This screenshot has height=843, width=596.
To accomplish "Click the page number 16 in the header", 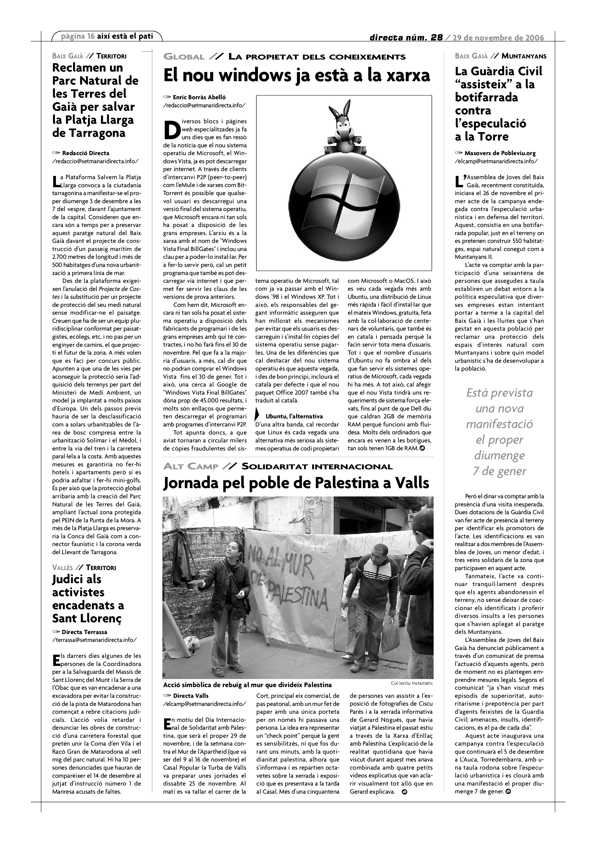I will [91, 36].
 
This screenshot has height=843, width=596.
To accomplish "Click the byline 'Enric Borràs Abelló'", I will [199, 97].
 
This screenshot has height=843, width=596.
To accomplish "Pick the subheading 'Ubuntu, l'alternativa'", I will [294, 416].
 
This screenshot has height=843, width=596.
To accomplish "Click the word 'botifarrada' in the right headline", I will [486, 97].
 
